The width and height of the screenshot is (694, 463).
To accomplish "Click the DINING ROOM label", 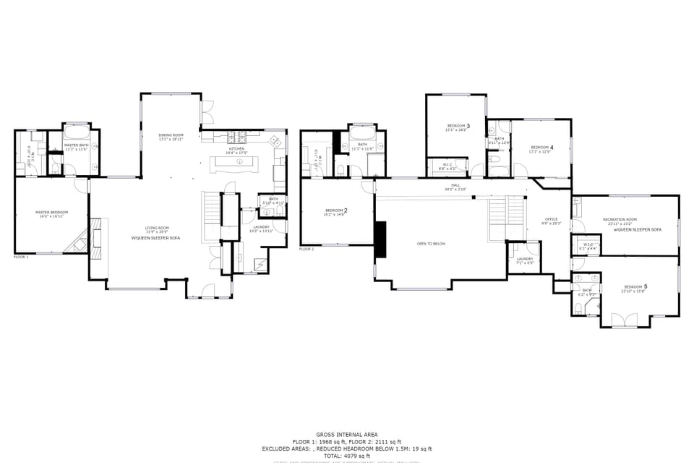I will [171, 135].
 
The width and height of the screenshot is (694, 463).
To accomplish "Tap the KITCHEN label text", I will [237, 149].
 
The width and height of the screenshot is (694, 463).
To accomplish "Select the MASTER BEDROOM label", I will [51, 213].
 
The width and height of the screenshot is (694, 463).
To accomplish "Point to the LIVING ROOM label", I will [156, 228].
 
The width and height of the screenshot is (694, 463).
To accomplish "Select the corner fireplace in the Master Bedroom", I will [77, 242].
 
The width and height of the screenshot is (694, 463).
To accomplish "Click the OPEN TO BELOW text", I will [431, 244].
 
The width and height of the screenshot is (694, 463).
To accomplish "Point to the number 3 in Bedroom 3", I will [468, 126].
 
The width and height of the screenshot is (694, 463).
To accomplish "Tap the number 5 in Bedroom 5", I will [645, 286].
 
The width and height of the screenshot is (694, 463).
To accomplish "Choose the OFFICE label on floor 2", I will [552, 219].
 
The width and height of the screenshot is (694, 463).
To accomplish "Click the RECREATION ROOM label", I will [622, 219].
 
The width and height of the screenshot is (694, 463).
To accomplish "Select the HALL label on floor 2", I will [455, 185].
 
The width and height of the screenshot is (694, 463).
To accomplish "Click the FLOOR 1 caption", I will [21, 256].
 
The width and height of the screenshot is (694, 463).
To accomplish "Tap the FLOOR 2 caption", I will [307, 249].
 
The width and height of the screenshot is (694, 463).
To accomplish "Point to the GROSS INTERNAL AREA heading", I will [346, 435].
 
